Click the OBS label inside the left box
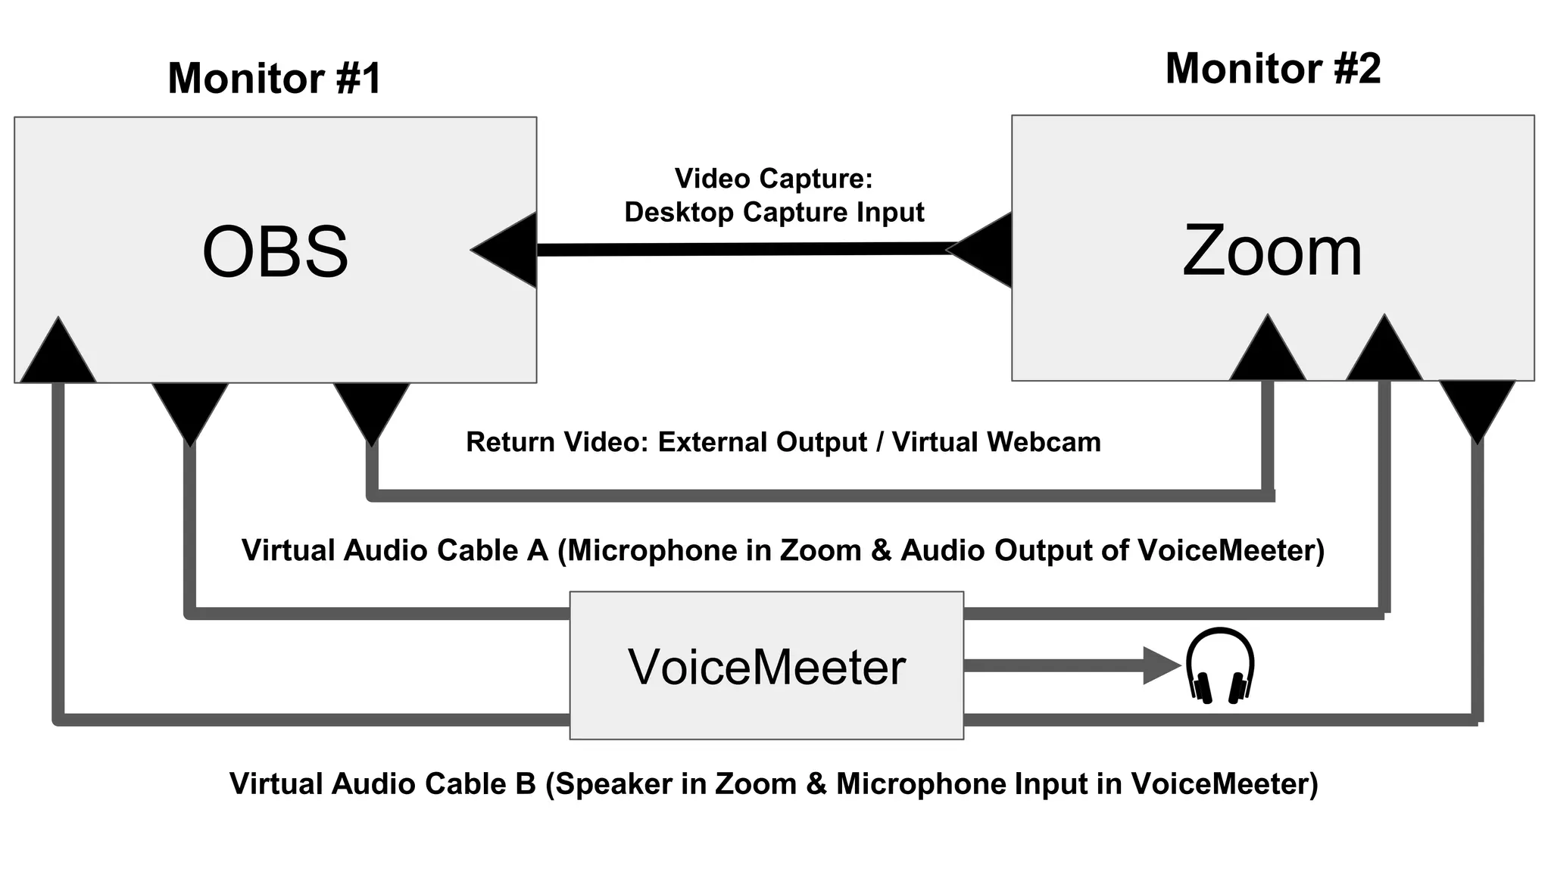pos(276,252)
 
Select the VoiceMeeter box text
pos(766,667)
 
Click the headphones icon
pos(1219,665)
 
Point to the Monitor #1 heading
pos(274,78)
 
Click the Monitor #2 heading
pos(1273,69)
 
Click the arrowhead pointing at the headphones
pos(1160,666)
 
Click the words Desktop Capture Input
pos(774,213)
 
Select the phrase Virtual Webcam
pos(996,442)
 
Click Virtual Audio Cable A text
pos(395,550)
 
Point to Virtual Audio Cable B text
pos(382,783)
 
